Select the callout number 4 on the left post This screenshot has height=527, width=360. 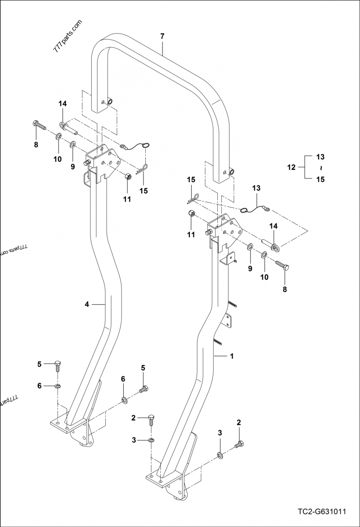87,304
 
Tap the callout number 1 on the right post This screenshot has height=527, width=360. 232,356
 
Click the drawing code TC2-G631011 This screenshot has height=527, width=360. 321,512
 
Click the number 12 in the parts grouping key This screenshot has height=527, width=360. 291,167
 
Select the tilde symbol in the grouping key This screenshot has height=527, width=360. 320,168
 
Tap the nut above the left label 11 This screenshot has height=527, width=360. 127,176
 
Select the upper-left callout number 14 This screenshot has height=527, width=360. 62,104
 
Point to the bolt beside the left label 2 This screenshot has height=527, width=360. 152,420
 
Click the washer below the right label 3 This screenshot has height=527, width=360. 220,456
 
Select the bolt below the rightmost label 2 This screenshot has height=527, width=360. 238,445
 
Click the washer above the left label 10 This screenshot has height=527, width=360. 58,136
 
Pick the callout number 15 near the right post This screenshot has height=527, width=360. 191,180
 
